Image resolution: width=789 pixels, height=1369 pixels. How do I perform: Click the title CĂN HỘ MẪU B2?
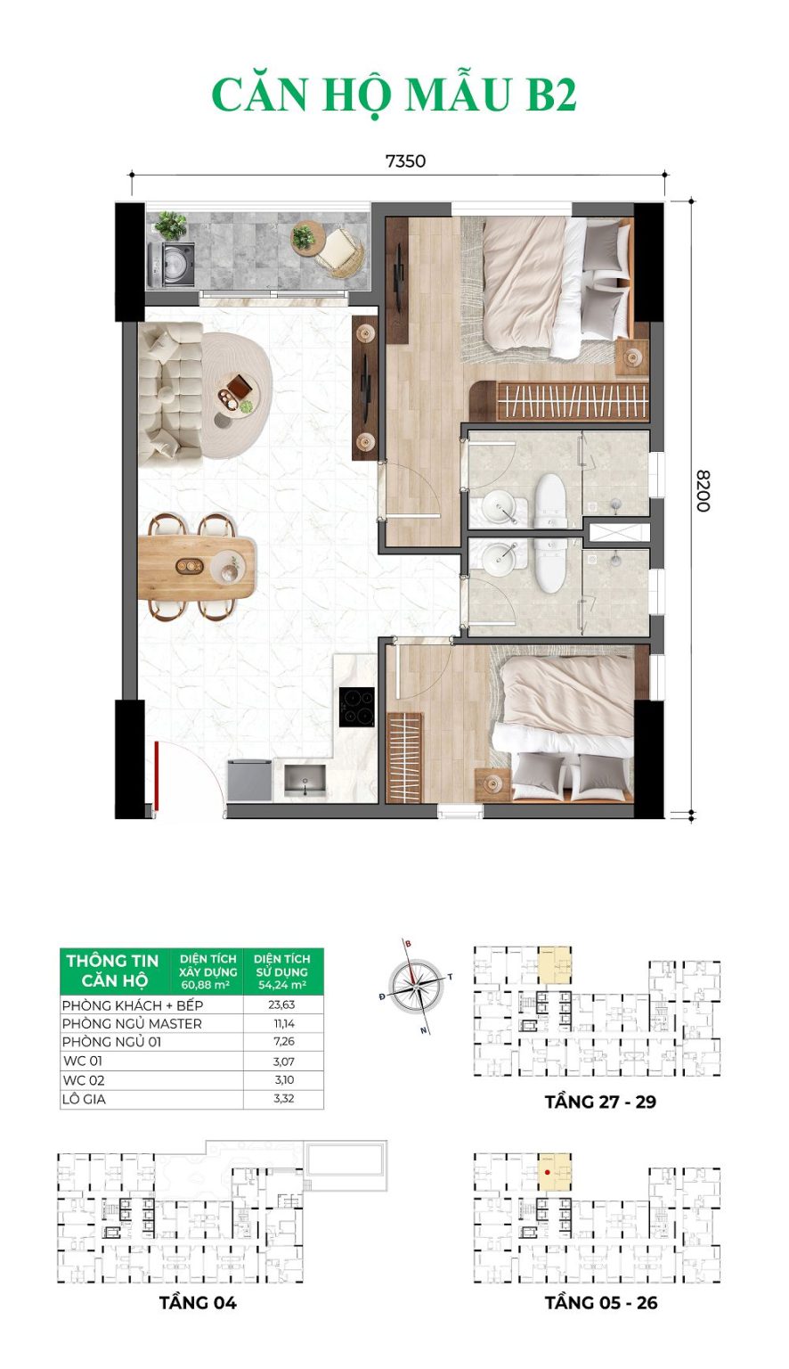tap(394, 95)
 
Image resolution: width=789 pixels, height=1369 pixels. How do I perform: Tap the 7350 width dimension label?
tap(405, 161)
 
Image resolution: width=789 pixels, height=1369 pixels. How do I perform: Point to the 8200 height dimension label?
tap(703, 489)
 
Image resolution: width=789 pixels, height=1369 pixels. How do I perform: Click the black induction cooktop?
tap(356, 708)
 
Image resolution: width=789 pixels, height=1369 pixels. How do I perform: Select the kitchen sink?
tap(305, 780)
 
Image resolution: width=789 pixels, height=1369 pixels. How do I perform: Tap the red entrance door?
tap(155, 775)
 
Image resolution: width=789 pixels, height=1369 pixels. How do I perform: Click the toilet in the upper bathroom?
tap(550, 500)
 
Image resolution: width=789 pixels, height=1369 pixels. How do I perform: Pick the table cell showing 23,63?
tap(283, 1004)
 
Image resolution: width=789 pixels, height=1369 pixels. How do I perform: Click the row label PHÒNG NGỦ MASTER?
tap(132, 1023)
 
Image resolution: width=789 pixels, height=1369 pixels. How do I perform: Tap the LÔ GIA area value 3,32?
tap(283, 1099)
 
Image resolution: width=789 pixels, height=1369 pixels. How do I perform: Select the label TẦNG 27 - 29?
tap(600, 1102)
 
